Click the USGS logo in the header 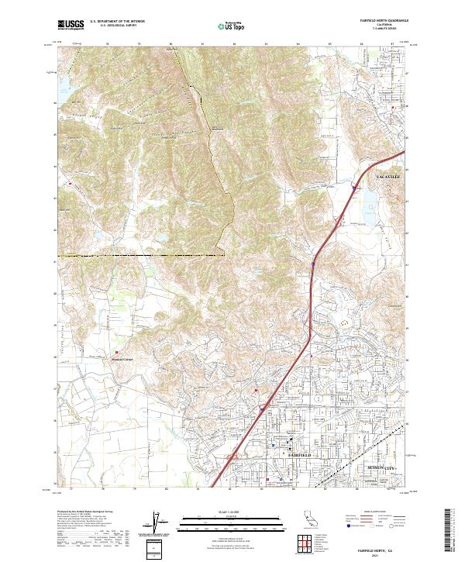71,25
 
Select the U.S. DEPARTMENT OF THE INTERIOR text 117,21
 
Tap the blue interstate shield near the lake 353,188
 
